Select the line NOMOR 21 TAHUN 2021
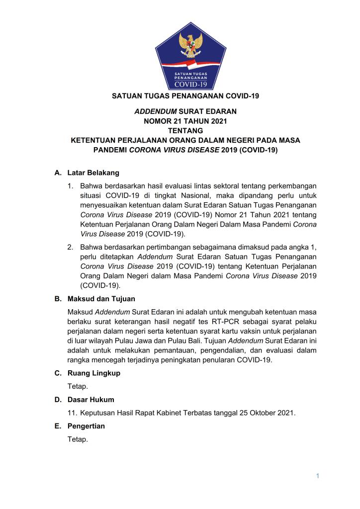pos(180,120)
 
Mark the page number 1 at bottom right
pos(317,476)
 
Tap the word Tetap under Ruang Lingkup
pos(78,386)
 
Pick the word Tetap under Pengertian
pos(78,440)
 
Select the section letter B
pos(57,299)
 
